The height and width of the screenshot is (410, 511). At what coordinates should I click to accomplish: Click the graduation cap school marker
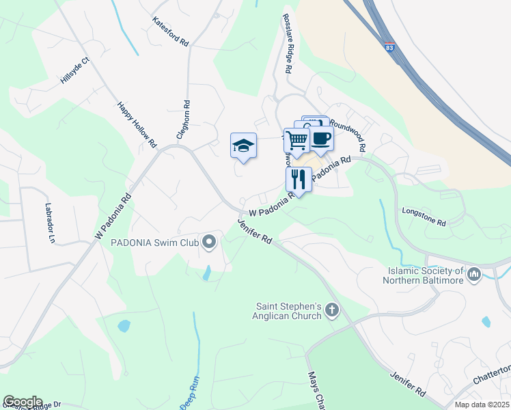[243, 146]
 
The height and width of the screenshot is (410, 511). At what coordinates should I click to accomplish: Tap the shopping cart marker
[297, 140]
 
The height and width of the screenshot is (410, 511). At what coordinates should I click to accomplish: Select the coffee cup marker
[321, 138]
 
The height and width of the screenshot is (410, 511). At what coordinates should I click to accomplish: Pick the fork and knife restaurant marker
[298, 179]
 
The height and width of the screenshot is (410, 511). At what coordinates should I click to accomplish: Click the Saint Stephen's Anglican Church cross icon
[333, 311]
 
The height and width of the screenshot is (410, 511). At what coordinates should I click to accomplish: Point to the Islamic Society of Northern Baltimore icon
[474, 275]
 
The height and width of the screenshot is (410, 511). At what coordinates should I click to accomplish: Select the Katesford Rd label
[170, 32]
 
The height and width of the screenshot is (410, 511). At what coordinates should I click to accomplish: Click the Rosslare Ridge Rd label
[287, 44]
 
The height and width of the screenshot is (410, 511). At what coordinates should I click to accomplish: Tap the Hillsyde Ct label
[75, 70]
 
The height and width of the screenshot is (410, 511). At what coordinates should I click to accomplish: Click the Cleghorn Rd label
[182, 120]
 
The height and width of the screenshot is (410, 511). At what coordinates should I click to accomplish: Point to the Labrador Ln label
[49, 223]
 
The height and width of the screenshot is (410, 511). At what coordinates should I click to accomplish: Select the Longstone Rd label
[424, 218]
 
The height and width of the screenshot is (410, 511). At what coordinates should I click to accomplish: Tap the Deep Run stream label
[192, 398]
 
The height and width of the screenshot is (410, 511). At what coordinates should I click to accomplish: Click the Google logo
[23, 401]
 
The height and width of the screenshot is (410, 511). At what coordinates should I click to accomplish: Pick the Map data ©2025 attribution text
[481, 405]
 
